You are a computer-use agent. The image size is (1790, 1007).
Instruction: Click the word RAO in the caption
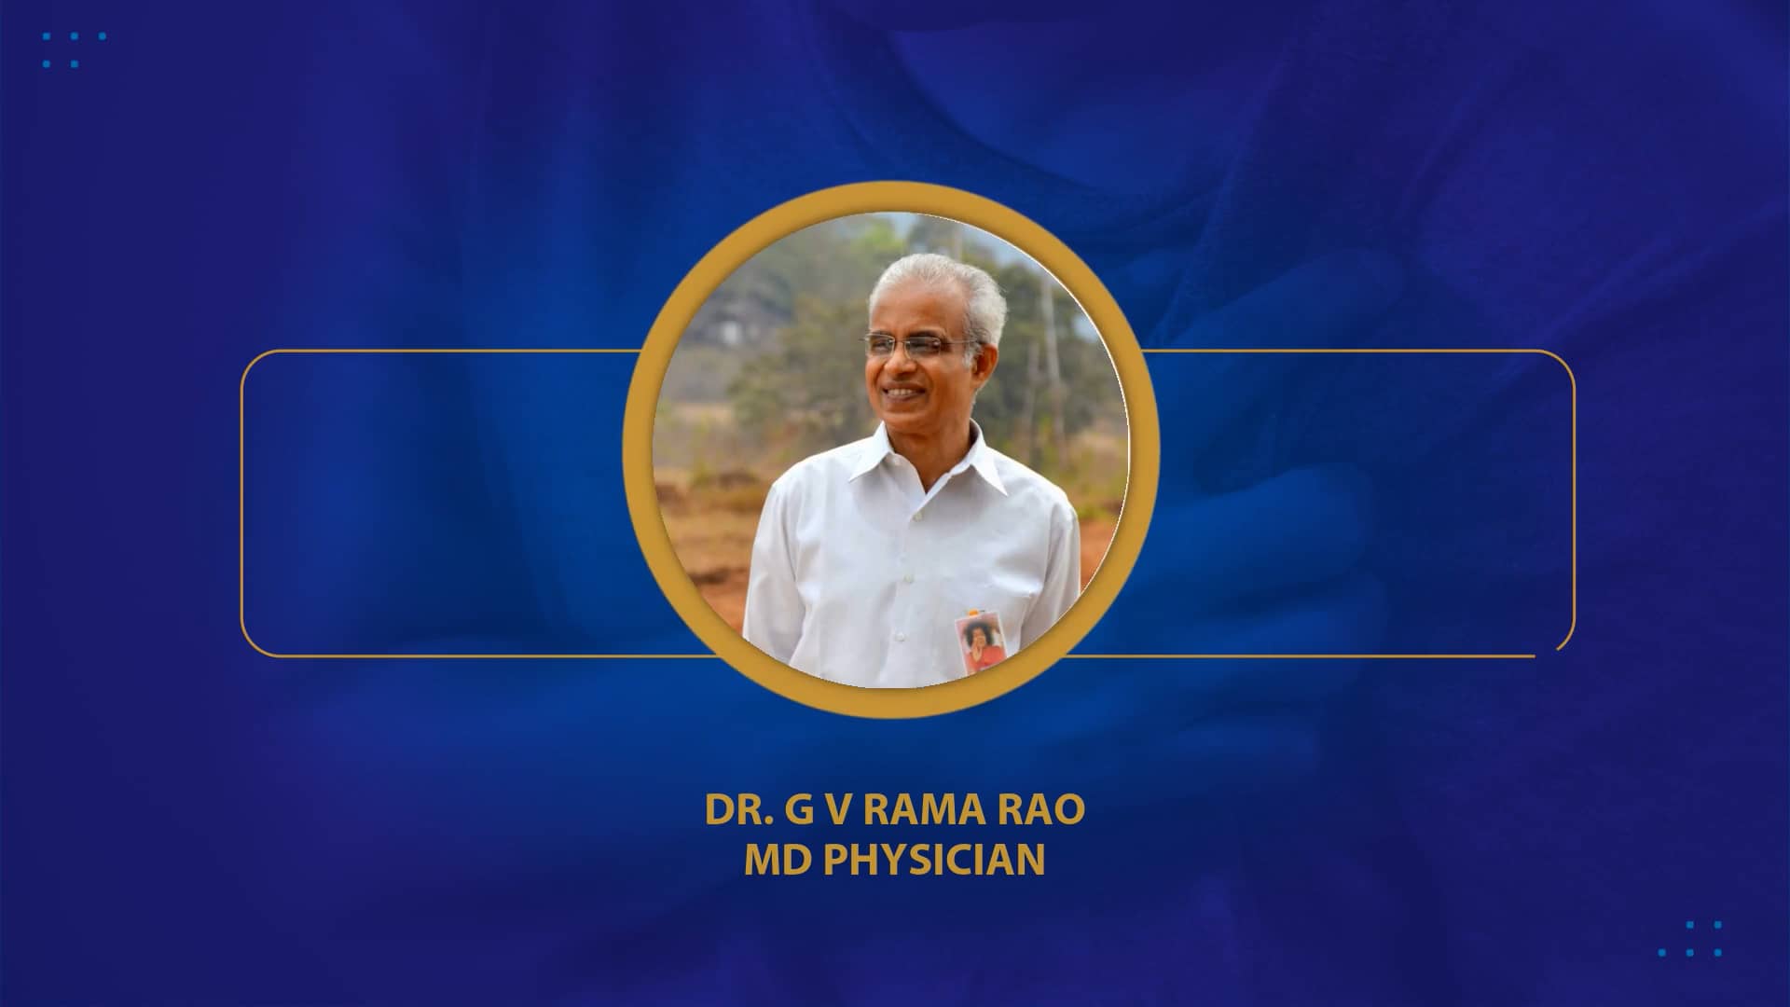[x=1044, y=810]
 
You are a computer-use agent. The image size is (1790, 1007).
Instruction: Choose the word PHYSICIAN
[x=934, y=860]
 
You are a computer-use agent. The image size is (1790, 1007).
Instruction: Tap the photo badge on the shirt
[x=976, y=643]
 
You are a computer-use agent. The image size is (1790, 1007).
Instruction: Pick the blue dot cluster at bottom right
[x=1690, y=939]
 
